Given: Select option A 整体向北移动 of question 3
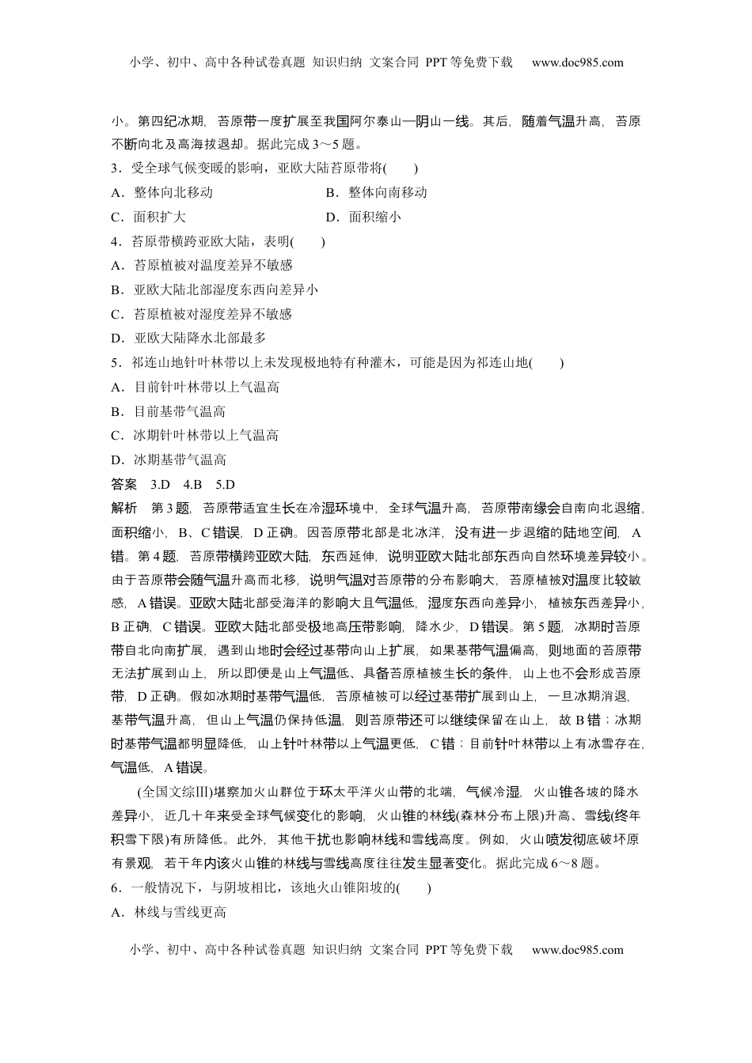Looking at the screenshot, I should pyautogui.click(x=162, y=192).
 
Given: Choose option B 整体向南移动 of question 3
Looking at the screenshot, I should pyautogui.click(x=376, y=192).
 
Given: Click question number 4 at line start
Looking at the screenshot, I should pyautogui.click(x=116, y=241).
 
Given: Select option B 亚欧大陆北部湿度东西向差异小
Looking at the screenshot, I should pyautogui.click(x=215, y=289).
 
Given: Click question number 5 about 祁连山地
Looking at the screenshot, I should pyautogui.click(x=116, y=363).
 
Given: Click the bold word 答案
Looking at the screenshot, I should pyautogui.click(x=124, y=484).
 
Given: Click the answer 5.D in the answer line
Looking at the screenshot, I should pyautogui.click(x=226, y=484).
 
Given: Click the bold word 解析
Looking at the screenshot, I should pyautogui.click(x=124, y=509).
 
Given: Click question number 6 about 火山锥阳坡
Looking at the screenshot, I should pyautogui.click(x=116, y=887).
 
